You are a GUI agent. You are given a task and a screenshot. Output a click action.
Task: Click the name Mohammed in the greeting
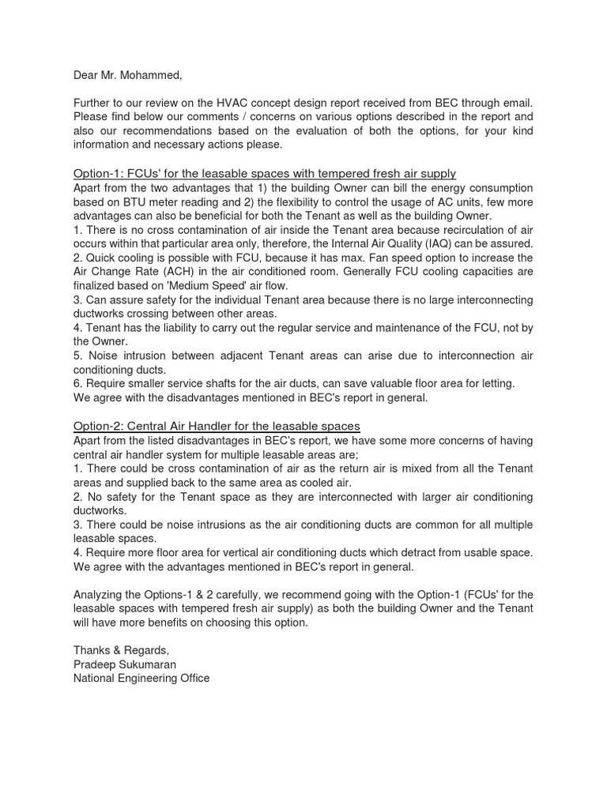(x=150, y=75)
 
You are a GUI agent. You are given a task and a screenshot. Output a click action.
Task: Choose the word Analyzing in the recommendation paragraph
(x=100, y=594)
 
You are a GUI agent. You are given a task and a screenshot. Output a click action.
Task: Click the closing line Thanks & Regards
(x=121, y=649)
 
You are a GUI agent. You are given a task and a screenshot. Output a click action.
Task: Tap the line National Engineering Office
(x=141, y=678)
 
